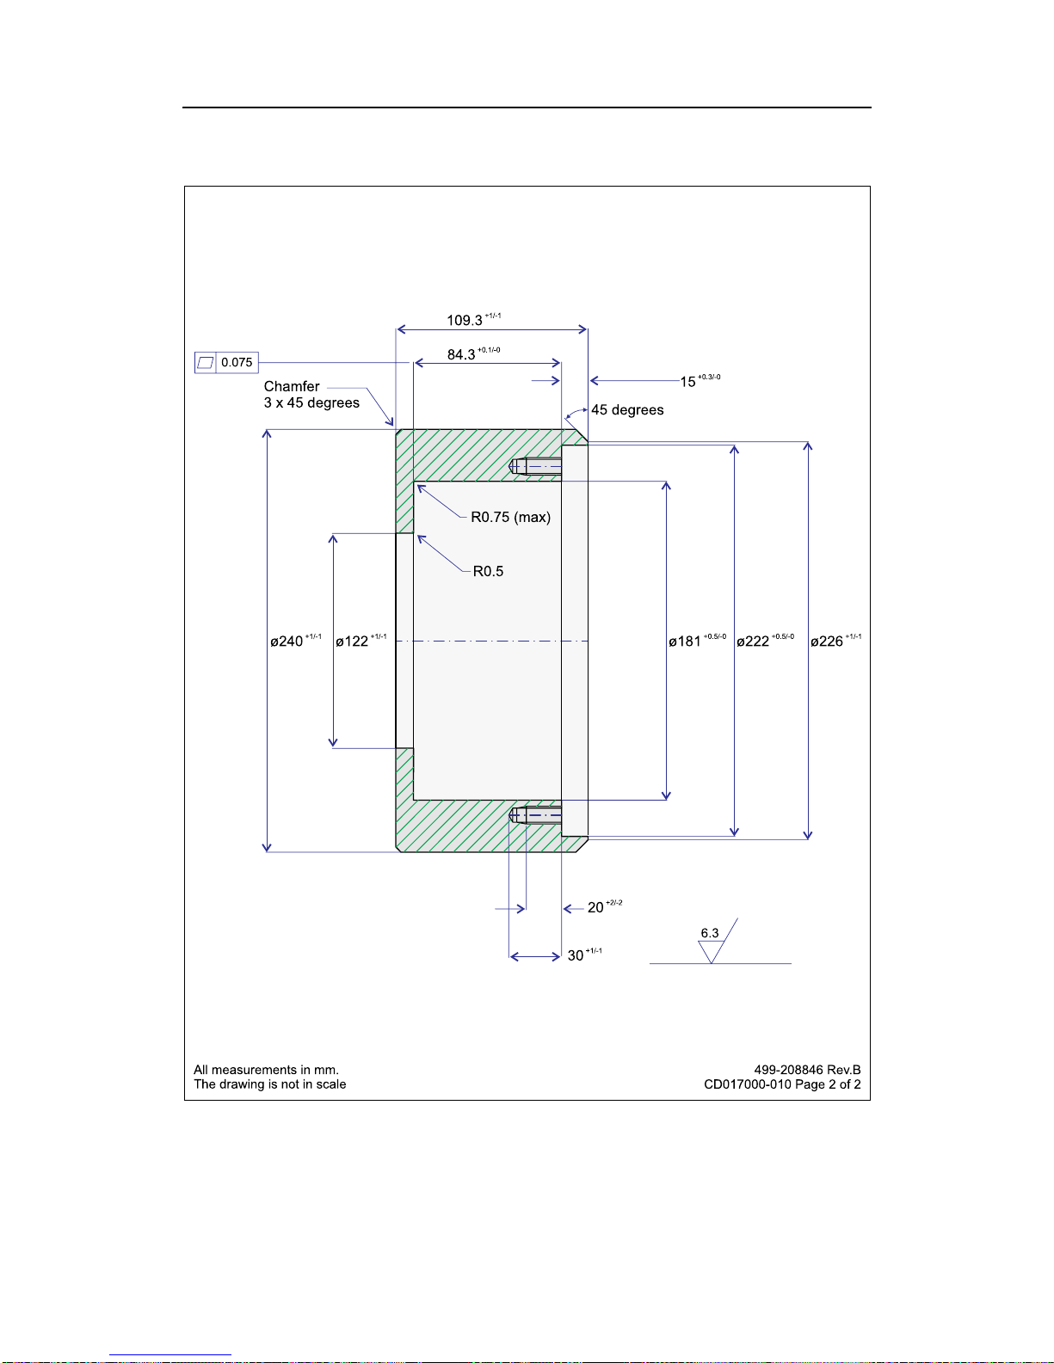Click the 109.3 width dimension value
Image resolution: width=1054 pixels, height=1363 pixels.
point(465,321)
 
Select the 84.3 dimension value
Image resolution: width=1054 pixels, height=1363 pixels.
point(461,354)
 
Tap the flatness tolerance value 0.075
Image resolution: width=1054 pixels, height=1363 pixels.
point(237,363)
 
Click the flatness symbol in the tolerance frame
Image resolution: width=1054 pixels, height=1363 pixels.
point(205,363)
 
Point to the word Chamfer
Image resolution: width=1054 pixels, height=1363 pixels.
point(292,387)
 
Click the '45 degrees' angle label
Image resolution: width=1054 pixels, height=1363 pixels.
point(627,410)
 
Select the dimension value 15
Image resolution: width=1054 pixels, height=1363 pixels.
point(687,382)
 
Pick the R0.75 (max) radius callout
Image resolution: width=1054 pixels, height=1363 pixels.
point(510,517)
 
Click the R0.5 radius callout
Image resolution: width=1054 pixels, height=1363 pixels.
point(488,571)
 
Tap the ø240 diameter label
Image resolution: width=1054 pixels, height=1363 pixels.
point(287,642)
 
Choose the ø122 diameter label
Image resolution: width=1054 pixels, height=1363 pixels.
point(352,642)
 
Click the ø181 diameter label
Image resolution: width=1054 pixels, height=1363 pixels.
point(685,642)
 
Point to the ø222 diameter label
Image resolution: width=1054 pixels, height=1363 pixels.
point(753,642)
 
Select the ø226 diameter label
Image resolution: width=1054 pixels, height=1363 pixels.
point(827,642)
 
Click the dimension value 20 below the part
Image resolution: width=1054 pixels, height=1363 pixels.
point(595,908)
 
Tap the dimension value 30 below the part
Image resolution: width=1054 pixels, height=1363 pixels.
point(576,956)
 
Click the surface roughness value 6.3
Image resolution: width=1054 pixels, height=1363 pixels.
point(710,933)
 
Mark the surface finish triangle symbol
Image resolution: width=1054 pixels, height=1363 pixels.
point(711,951)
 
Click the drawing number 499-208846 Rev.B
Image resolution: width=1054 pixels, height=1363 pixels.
point(807,1070)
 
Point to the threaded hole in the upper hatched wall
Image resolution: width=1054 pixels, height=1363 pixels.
point(536,467)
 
